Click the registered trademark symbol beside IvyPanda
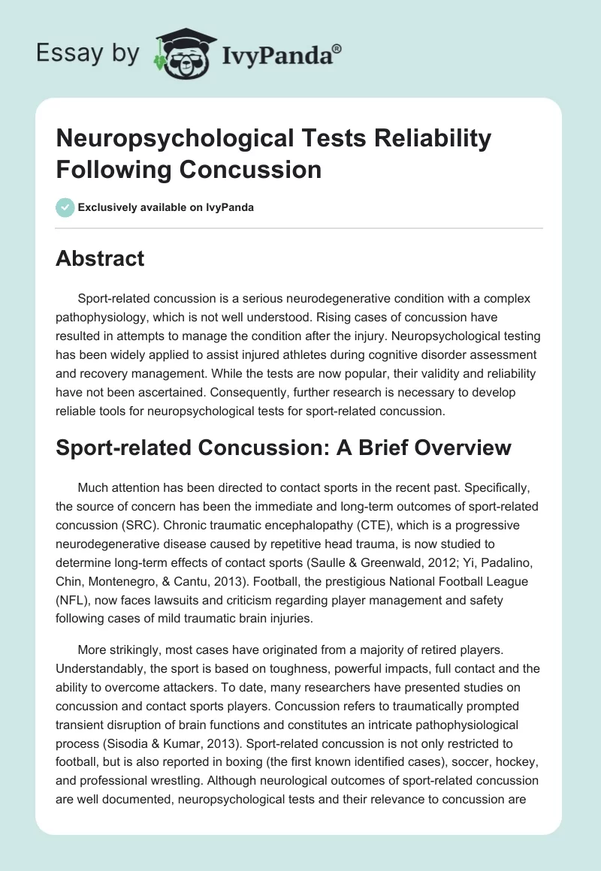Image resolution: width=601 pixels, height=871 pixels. coord(337,49)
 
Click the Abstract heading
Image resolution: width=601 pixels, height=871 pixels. coord(100,259)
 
